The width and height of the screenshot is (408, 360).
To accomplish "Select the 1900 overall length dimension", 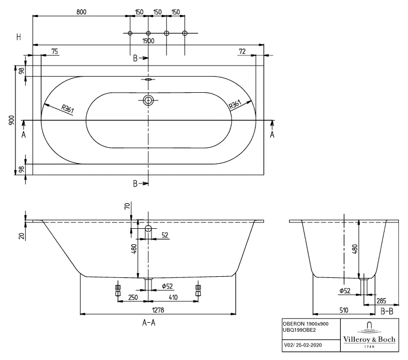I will [148, 41].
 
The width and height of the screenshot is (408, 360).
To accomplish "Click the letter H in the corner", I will [19, 37].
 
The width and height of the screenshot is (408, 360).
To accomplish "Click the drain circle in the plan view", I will [148, 100].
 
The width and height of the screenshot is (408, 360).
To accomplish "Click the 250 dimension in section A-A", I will [133, 297].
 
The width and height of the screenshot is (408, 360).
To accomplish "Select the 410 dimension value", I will [173, 297].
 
